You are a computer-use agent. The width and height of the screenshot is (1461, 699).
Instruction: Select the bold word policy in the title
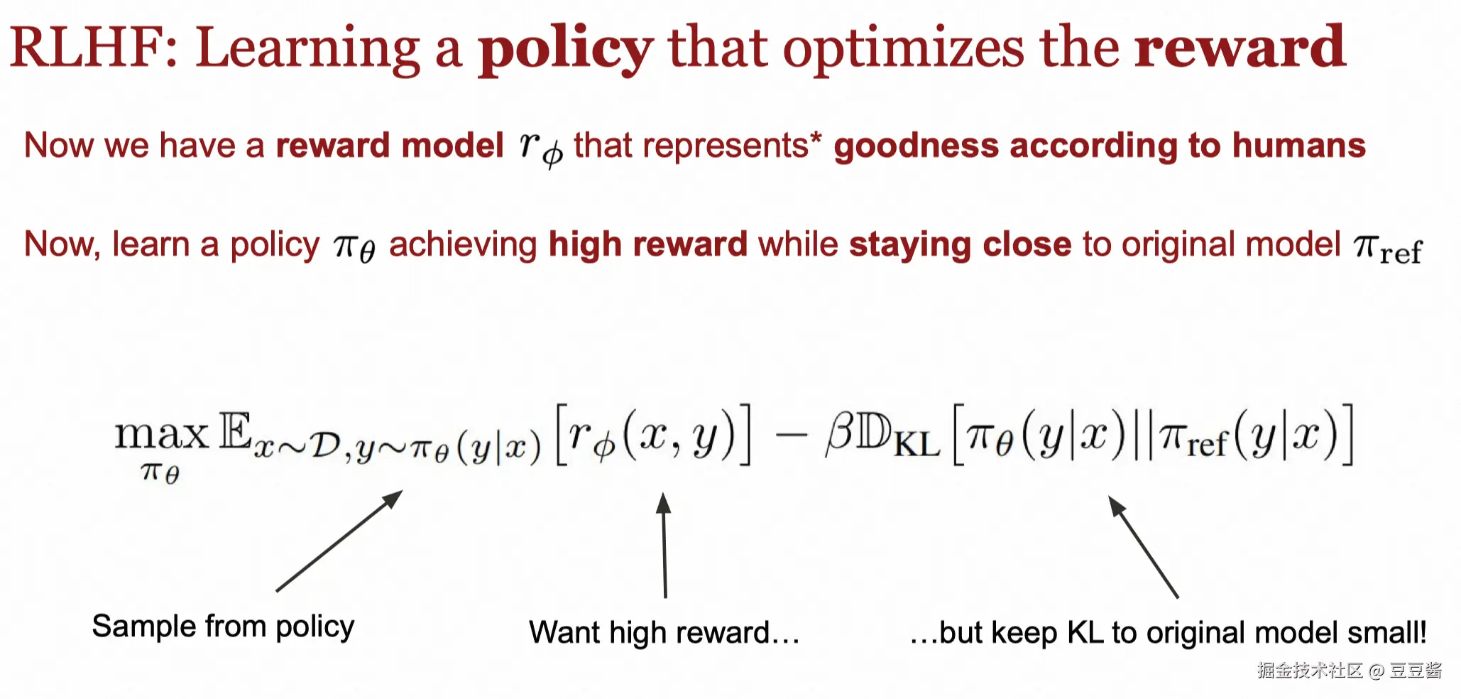point(565,50)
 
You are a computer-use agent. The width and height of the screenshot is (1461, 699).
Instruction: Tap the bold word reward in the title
point(1240,47)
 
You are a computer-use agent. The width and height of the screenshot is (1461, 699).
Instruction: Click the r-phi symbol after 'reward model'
point(541,148)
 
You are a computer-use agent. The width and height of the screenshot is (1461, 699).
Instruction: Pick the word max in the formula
point(162,434)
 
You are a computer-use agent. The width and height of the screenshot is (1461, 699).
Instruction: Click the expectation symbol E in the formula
point(235,430)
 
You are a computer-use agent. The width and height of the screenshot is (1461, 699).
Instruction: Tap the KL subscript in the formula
point(916,445)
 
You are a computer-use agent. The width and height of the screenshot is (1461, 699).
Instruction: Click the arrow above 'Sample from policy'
point(339,541)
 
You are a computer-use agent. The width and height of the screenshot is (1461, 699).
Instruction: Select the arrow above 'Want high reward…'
point(664,546)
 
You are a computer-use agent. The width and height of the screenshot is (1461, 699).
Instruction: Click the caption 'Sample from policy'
point(223,627)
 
